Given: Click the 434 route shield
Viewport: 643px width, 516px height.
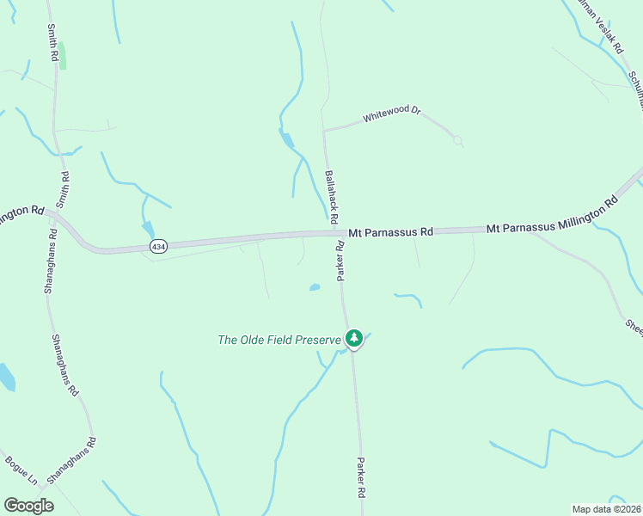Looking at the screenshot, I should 158,246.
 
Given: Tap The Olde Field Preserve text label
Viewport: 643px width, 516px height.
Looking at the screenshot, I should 279,340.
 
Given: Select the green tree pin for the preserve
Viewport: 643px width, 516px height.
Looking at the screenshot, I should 353,338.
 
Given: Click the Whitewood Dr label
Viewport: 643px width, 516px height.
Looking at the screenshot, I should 391,113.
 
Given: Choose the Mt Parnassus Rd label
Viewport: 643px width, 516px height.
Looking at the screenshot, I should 391,232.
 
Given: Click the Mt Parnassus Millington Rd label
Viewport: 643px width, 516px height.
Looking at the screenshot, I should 552,216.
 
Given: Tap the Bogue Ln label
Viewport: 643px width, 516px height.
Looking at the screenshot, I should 21,470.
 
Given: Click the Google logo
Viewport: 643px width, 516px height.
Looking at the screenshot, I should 28,506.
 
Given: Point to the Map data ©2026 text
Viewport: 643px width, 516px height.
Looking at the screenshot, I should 606,509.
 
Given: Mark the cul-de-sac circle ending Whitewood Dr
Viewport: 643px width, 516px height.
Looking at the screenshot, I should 457,139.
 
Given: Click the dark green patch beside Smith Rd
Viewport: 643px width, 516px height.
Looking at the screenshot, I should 62,55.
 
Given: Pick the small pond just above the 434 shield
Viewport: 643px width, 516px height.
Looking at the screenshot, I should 149,229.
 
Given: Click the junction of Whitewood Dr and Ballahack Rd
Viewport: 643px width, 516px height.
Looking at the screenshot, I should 323,131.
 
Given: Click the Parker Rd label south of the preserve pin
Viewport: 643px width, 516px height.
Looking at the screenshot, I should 362,479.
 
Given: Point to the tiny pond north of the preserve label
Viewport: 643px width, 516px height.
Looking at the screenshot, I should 315,287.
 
